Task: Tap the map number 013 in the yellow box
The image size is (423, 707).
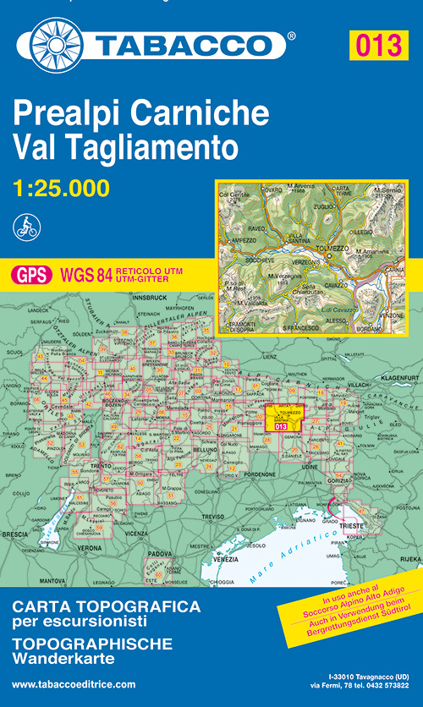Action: pyautogui.click(x=376, y=45)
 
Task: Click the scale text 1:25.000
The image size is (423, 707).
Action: pyautogui.click(x=62, y=187)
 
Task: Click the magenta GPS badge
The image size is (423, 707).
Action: pyautogui.click(x=32, y=273)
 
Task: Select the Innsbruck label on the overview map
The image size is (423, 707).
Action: pyautogui.click(x=156, y=298)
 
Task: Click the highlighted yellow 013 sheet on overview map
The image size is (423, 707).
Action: pyautogui.click(x=282, y=419)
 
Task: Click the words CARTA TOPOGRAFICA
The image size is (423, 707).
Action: pyautogui.click(x=106, y=606)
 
